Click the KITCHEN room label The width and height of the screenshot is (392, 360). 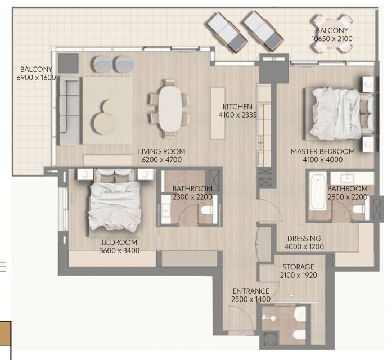(x=237, y=106)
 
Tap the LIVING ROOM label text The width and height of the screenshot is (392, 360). (x=161, y=151)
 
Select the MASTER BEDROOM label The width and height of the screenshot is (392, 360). (x=322, y=151)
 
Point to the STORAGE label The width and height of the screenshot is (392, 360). (x=298, y=267)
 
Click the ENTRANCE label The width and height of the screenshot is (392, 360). (x=251, y=291)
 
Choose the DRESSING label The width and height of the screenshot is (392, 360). (x=304, y=238)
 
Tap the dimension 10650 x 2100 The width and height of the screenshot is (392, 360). (x=332, y=39)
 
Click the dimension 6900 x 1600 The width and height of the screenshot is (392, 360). (x=36, y=78)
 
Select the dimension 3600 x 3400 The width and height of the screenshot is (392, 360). (x=119, y=250)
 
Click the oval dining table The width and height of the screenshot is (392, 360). (x=170, y=109)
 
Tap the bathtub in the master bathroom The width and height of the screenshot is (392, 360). (x=318, y=191)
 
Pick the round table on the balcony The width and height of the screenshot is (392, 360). (x=332, y=34)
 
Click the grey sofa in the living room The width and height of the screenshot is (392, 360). (x=69, y=110)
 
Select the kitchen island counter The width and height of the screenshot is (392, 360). (x=218, y=112)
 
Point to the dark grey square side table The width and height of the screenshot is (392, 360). (x=69, y=64)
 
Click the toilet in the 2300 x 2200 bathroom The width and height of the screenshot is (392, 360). (x=207, y=210)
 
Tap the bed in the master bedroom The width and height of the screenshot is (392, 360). (x=339, y=114)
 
